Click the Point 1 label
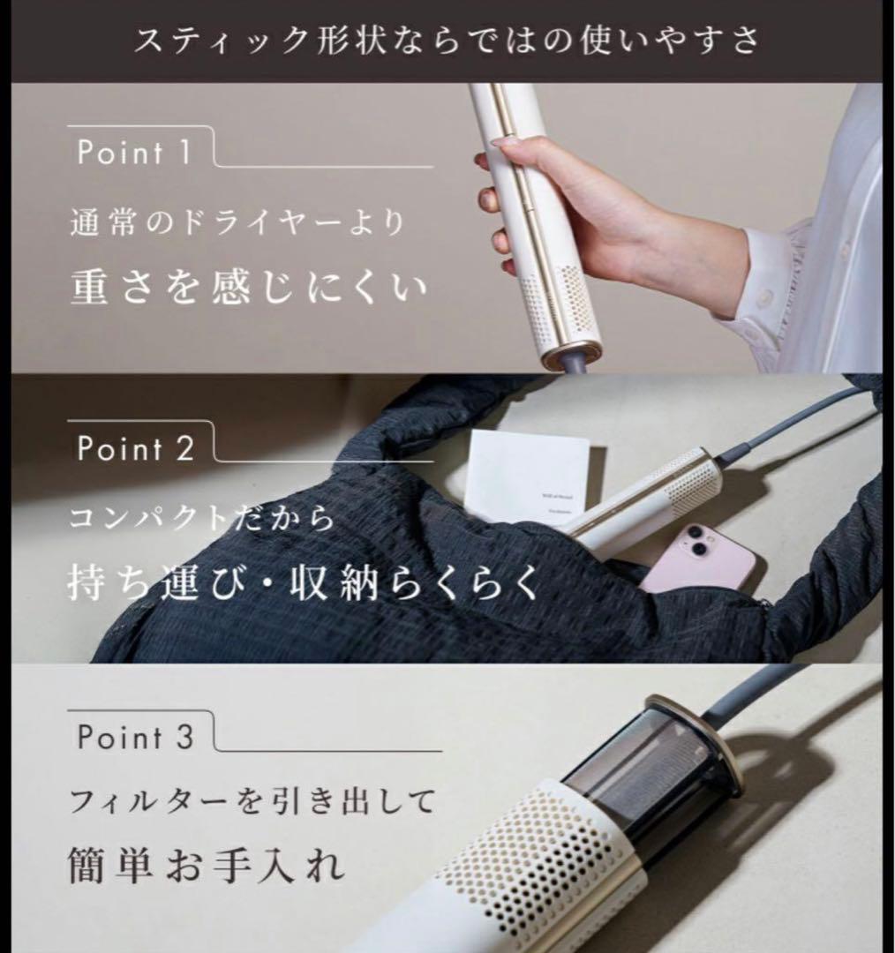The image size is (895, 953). tap(133, 152)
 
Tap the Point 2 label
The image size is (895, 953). tap(135, 448)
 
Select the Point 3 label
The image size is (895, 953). tap(134, 737)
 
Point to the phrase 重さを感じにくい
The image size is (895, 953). tap(248, 287)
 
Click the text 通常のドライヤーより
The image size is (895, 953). tap(237, 222)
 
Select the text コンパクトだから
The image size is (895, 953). tap(202, 518)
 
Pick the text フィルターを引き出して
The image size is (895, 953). tap(252, 803)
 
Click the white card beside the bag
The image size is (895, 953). tap(527, 476)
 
